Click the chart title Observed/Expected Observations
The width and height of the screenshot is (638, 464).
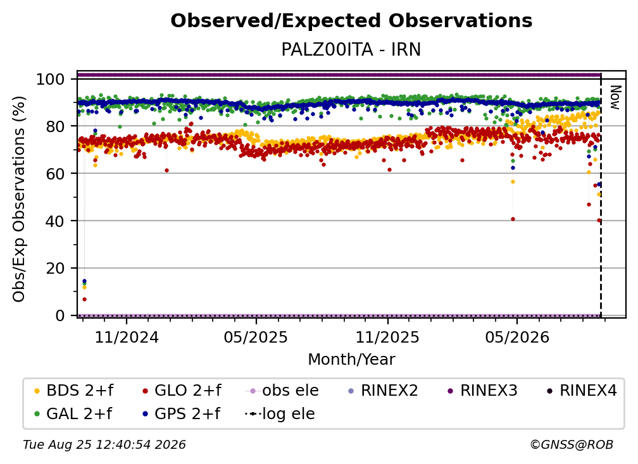click(x=351, y=21)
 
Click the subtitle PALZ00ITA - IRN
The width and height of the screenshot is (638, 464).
click(x=351, y=49)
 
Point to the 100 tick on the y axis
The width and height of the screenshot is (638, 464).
click(x=51, y=79)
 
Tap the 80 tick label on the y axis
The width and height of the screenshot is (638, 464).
click(x=55, y=126)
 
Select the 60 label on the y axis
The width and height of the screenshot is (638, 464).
click(x=55, y=174)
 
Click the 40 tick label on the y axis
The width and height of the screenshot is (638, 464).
click(x=55, y=221)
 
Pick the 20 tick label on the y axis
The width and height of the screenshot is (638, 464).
click(x=55, y=268)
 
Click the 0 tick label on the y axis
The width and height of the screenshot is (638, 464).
click(x=60, y=315)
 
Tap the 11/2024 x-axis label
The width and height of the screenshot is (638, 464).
click(x=127, y=337)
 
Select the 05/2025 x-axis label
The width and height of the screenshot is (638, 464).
click(x=256, y=337)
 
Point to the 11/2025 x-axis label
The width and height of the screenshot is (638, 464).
click(x=387, y=337)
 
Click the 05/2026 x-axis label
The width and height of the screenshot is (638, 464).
click(x=517, y=337)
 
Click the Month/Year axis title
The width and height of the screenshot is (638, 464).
click(x=351, y=359)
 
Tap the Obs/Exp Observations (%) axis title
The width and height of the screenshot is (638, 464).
click(x=19, y=199)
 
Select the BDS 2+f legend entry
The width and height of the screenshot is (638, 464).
click(x=73, y=391)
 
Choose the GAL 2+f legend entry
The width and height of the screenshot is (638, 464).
click(x=73, y=413)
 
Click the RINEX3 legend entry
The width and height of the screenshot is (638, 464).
click(x=482, y=391)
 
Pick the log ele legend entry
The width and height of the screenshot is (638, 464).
click(x=280, y=413)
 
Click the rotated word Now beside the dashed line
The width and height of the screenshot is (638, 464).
click(x=615, y=97)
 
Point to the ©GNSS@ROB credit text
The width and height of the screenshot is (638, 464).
click(x=572, y=444)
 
